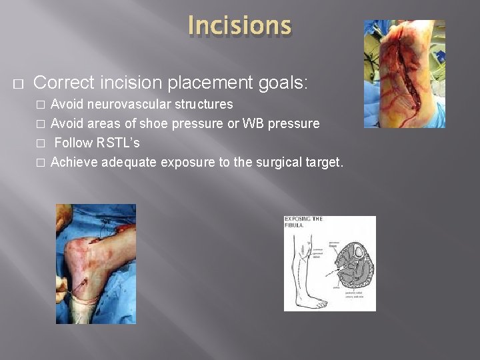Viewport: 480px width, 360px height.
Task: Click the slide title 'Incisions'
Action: (239, 25)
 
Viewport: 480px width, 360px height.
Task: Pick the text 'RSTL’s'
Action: (118, 143)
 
